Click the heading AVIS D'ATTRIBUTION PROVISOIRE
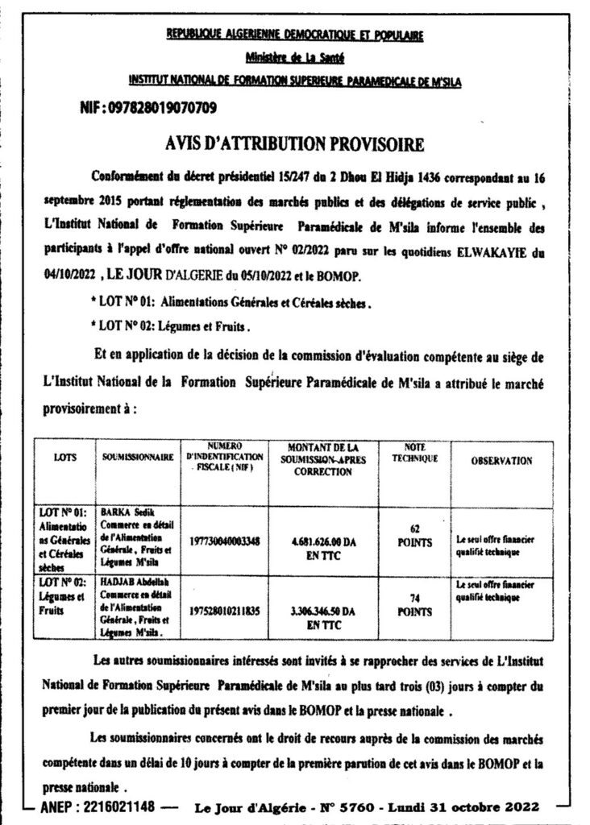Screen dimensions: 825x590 294,144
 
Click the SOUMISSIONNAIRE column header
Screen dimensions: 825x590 139,458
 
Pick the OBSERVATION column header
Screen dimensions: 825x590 501,461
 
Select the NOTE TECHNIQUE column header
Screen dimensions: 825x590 414,453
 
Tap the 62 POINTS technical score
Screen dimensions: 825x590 414,537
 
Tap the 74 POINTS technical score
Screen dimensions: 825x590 414,605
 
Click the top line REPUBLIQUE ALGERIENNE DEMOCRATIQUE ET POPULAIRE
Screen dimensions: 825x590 294,35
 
